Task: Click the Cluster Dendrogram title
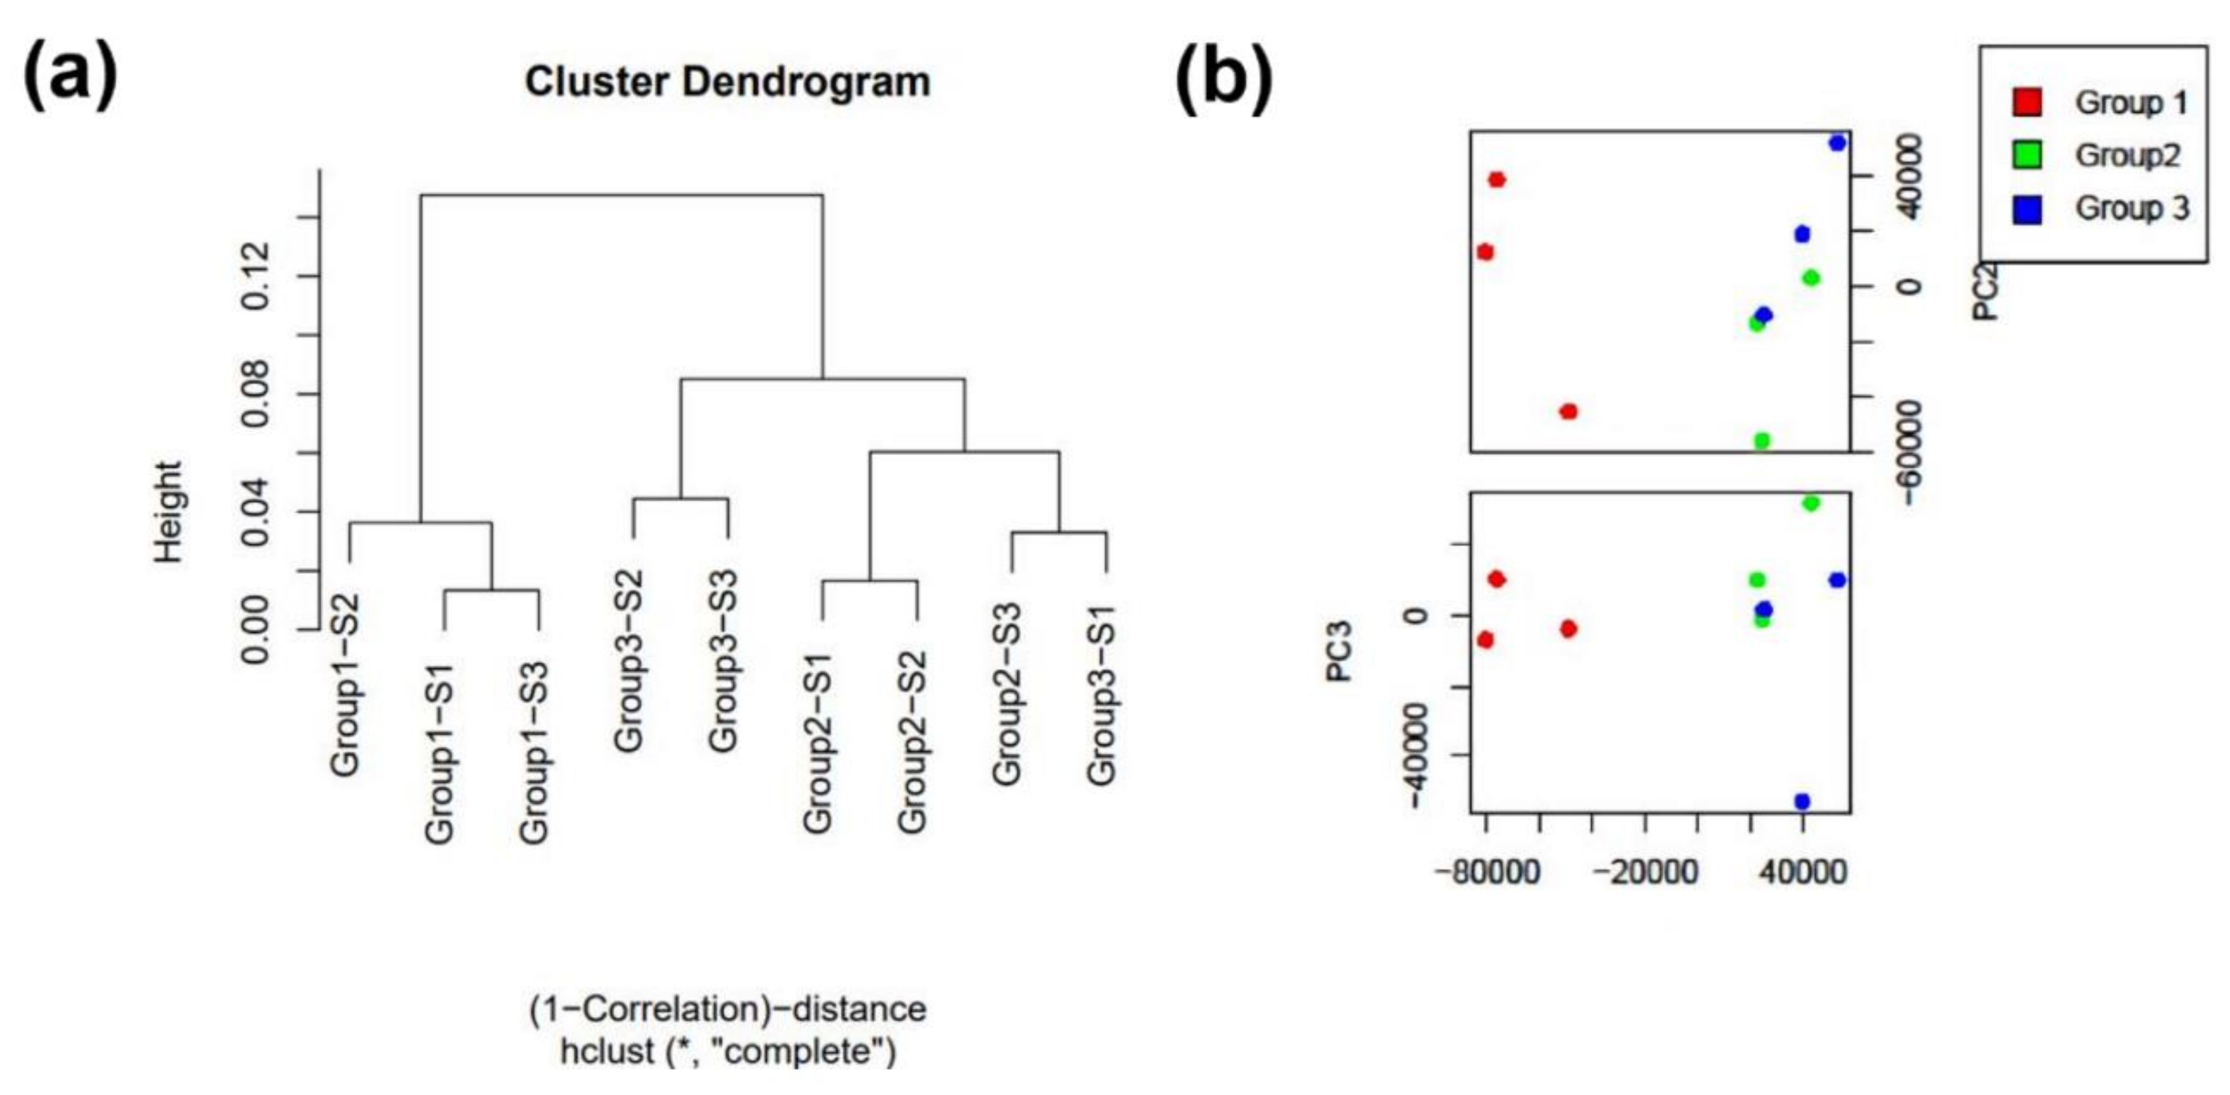click(727, 82)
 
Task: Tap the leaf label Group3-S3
click(723, 660)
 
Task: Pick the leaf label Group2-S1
click(817, 743)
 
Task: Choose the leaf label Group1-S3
click(534, 752)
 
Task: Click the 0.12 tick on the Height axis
click(256, 276)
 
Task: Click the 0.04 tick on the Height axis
click(256, 513)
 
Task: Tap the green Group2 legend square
click(2027, 156)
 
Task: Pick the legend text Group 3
click(2131, 208)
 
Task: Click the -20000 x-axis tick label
click(1645, 871)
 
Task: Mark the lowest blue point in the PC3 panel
click(1802, 802)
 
